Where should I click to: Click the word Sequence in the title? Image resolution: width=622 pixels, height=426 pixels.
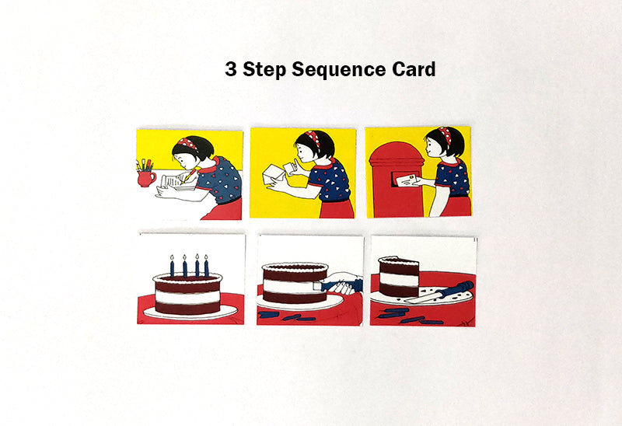pyautogui.click(x=338, y=69)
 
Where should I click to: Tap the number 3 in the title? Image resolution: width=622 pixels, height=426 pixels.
pyautogui.click(x=231, y=69)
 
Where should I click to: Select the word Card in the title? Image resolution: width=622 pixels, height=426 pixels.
pyautogui.click(x=412, y=69)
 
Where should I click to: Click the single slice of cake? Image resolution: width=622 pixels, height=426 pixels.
pyautogui.click(x=399, y=278)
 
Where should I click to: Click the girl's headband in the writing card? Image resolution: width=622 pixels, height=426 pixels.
pyautogui.click(x=188, y=144)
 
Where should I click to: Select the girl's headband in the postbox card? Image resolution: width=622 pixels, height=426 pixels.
pyautogui.click(x=446, y=134)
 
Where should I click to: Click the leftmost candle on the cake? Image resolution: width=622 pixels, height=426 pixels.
pyautogui.click(x=172, y=266)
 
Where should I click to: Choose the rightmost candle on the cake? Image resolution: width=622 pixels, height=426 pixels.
pyautogui.click(x=207, y=266)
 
